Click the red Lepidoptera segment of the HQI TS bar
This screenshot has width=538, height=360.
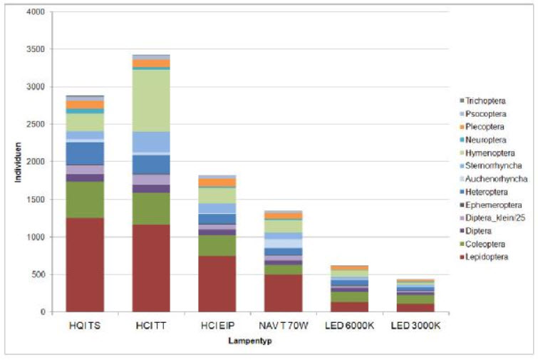pyautogui.click(x=85, y=264)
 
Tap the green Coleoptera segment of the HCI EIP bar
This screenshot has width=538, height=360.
pyautogui.click(x=217, y=245)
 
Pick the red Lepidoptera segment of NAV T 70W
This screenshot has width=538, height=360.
pyautogui.click(x=284, y=293)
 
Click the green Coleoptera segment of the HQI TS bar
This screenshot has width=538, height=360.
pyautogui.click(x=85, y=200)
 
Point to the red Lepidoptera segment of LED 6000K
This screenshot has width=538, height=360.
pyautogui.click(x=349, y=307)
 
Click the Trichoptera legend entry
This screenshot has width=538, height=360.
pyautogui.click(x=482, y=101)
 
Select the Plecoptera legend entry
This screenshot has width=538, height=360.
pyautogui.click(x=482, y=127)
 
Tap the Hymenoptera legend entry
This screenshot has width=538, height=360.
pyautogui.click(x=487, y=153)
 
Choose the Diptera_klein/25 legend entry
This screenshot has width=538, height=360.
pyautogui.click(x=492, y=218)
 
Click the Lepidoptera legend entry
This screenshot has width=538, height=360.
pyautogui.click(x=484, y=257)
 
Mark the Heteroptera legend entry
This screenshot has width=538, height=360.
pyautogui.click(x=483, y=192)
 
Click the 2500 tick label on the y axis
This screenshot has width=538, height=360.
pyautogui.click(x=36, y=124)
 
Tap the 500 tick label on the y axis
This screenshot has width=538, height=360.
pyautogui.click(x=38, y=274)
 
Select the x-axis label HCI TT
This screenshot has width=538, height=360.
pyautogui.click(x=151, y=325)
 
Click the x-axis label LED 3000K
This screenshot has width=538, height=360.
pyautogui.click(x=415, y=325)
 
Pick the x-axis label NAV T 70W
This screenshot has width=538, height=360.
pyautogui.click(x=284, y=325)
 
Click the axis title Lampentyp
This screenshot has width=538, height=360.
pyautogui.click(x=250, y=341)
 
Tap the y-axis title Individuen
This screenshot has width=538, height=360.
pyautogui.click(x=18, y=163)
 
